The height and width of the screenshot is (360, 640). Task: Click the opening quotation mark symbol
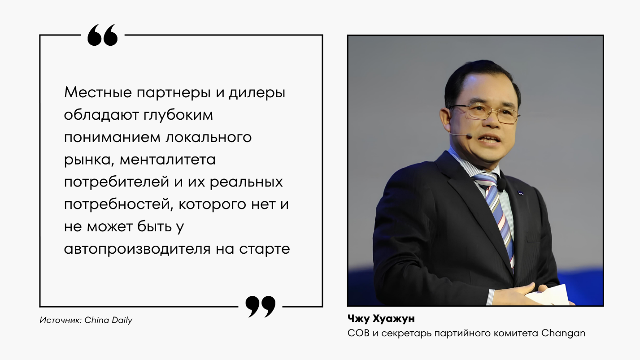(102, 35)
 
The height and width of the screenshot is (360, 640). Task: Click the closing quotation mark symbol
(260, 307)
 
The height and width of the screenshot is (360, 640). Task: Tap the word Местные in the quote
(98, 92)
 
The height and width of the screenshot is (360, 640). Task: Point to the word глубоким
(178, 115)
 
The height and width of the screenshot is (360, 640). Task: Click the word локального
(209, 138)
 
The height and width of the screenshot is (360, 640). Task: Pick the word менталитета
(167, 160)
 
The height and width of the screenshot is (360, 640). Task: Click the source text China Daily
(109, 320)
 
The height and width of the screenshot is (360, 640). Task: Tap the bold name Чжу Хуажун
(381, 319)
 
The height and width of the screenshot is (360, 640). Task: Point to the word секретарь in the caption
(406, 334)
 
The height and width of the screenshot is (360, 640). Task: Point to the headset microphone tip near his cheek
(469, 136)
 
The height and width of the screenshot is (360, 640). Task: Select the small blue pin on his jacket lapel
(521, 193)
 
